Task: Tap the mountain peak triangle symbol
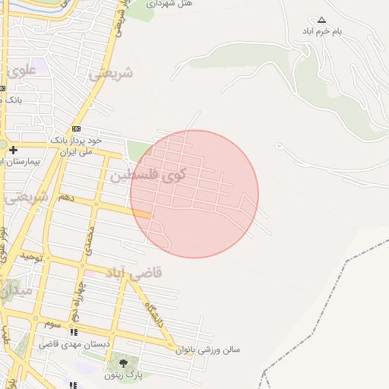(321, 21)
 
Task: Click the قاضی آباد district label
(134, 271)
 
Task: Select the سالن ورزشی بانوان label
(208, 350)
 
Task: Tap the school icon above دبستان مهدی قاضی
(74, 332)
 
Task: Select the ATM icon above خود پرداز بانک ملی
(76, 129)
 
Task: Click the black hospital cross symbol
(13, 150)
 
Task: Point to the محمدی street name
(90, 240)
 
